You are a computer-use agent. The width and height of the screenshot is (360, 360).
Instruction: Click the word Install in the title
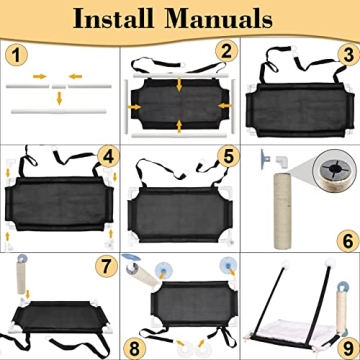point(113,19)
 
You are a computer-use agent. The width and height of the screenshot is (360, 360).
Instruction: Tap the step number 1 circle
point(16,56)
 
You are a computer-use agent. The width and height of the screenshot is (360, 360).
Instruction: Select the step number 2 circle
point(227,51)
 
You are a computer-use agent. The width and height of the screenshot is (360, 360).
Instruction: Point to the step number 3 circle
point(348,55)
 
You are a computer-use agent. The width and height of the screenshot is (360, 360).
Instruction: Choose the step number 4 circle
point(108,156)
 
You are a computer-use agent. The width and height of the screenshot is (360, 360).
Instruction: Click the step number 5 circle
point(228,157)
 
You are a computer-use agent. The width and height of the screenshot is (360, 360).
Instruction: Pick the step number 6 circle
point(348,241)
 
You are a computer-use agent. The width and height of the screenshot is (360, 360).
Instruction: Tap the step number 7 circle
point(107,266)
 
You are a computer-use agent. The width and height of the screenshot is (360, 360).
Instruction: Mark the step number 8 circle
point(134,349)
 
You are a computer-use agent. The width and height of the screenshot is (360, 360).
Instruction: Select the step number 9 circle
point(348,348)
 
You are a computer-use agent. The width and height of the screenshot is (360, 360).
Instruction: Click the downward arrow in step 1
point(59,98)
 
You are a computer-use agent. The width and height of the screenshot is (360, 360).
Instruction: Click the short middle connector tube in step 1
point(59,86)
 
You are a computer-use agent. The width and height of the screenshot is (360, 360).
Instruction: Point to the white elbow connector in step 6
point(282,161)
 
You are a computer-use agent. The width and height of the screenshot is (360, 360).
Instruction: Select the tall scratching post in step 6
point(282,211)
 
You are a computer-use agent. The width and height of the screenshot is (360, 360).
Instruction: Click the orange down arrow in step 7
point(28,294)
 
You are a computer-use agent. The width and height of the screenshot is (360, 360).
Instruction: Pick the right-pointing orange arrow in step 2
point(134,107)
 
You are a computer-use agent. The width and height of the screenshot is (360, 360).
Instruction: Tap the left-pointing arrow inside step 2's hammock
point(225,105)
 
